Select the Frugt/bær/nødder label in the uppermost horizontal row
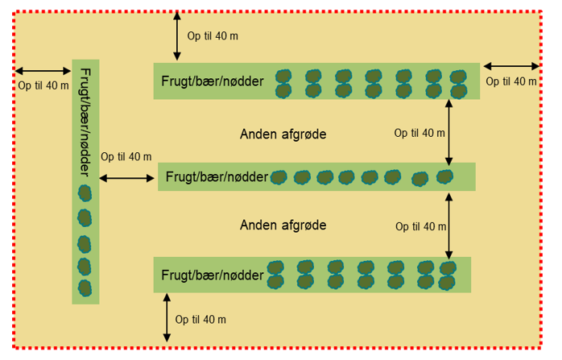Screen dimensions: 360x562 (x=213, y=81)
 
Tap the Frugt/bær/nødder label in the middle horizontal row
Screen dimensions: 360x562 (x=217, y=177)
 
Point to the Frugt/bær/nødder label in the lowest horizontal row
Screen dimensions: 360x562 (x=213, y=275)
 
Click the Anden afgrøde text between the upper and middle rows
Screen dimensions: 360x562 (x=283, y=134)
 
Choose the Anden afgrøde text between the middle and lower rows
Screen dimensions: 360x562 (x=283, y=225)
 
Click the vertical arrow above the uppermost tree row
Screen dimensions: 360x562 (x=177, y=37)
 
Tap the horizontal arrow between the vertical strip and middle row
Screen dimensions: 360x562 (x=127, y=177)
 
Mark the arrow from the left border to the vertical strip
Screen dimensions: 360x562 (x=43, y=71)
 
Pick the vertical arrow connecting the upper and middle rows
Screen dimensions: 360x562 (x=448, y=132)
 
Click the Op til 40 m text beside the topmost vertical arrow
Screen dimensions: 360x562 (x=213, y=36)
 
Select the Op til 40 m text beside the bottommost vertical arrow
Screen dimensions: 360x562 (x=200, y=320)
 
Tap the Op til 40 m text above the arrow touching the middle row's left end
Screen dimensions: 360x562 (x=126, y=157)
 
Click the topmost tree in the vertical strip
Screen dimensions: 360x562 (x=85, y=193)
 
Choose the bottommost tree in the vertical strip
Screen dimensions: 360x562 (x=85, y=288)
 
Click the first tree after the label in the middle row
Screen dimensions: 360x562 (x=279, y=177)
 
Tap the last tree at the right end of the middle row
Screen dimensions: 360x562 (x=444, y=176)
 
